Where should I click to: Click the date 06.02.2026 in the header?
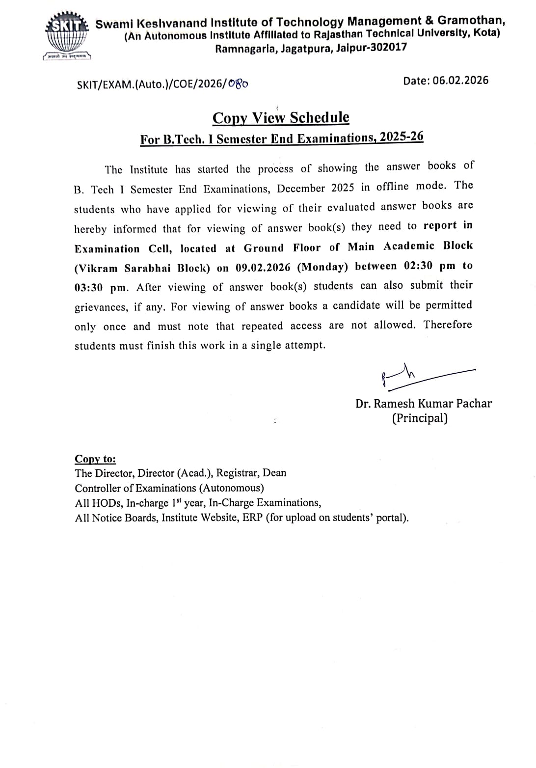(461, 81)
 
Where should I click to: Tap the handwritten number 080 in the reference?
(239, 84)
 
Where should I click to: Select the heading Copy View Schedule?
(281, 118)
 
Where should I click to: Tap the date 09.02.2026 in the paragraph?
(263, 268)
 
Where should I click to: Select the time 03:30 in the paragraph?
(88, 288)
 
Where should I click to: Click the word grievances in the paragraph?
(100, 308)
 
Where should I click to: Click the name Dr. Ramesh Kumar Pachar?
(424, 404)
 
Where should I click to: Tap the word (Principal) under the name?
(420, 418)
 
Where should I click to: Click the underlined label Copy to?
(95, 459)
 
